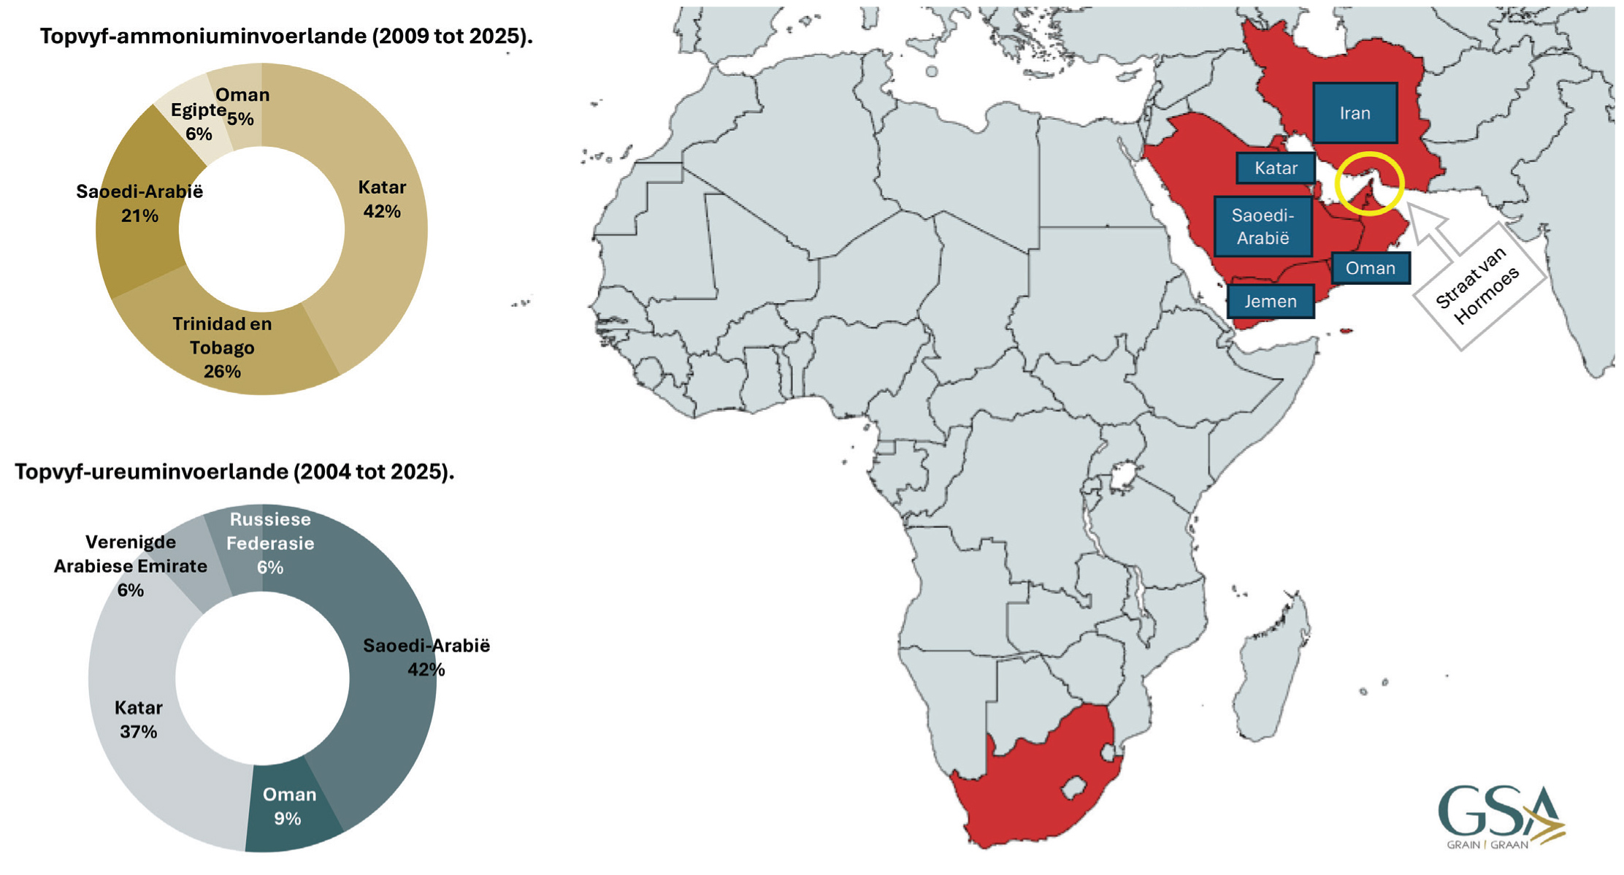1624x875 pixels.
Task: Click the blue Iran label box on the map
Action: click(1355, 113)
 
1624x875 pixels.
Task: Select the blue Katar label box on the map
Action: click(1276, 169)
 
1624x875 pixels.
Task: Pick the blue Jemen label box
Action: click(1271, 302)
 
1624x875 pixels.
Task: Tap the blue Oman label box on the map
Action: click(1370, 269)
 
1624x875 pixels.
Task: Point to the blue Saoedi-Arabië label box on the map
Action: click(1263, 226)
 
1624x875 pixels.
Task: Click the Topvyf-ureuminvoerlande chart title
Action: click(234, 472)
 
